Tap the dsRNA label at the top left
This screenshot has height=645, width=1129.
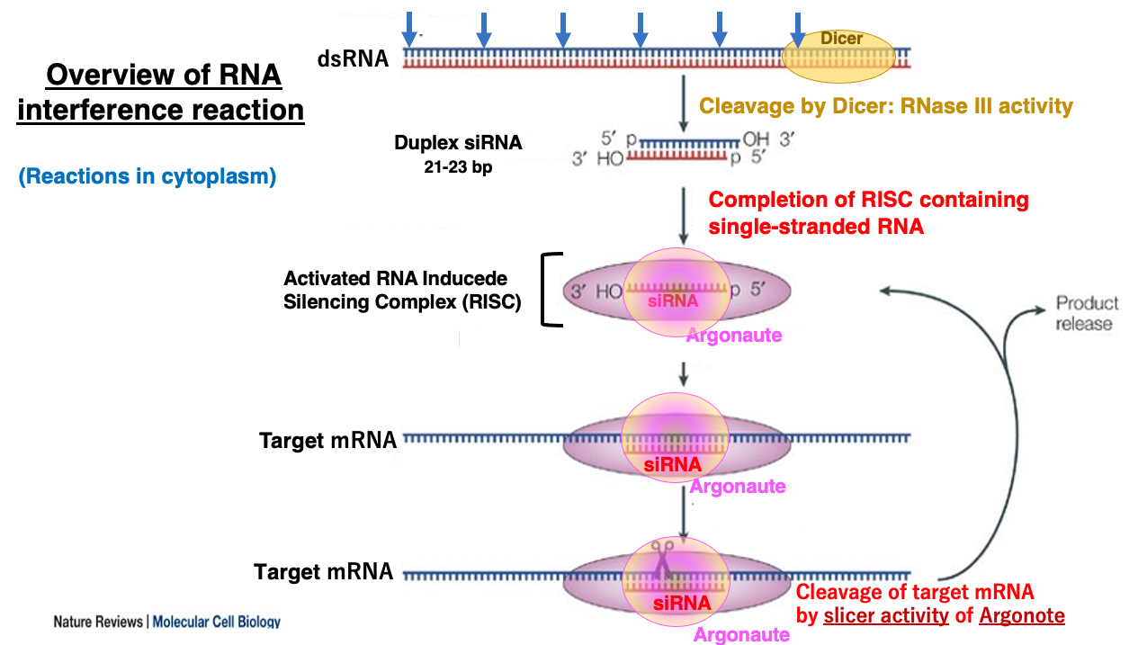click(353, 59)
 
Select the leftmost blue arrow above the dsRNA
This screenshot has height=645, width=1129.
click(409, 29)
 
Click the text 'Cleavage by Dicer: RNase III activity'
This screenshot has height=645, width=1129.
click(886, 106)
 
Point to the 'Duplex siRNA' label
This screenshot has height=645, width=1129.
click(457, 143)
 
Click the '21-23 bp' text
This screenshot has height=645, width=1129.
click(458, 167)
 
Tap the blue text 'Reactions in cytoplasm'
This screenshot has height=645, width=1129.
click(148, 176)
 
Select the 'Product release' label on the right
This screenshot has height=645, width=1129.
click(1086, 313)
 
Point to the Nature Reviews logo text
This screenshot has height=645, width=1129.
click(166, 622)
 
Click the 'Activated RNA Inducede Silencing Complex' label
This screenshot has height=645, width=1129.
click(402, 291)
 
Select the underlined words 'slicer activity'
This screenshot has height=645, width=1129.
click(885, 616)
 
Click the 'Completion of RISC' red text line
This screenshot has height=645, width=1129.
click(868, 199)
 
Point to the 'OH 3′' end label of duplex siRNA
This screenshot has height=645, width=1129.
click(761, 141)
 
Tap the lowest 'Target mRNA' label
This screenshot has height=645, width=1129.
click(324, 572)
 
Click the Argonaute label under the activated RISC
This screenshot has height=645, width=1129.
click(733, 336)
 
